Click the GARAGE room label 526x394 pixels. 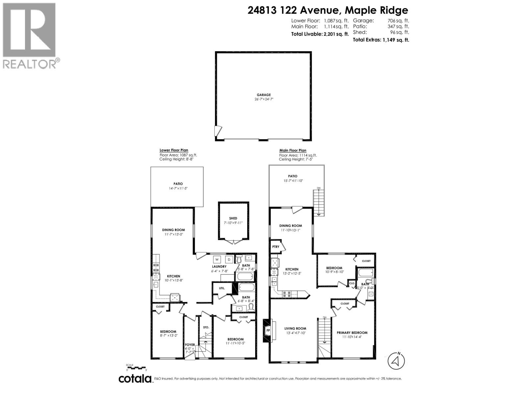tap(264, 95)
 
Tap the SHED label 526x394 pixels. tap(233, 218)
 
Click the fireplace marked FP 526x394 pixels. tap(268, 330)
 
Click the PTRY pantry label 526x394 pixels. tap(275, 247)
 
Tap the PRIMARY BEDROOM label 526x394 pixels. tap(352, 333)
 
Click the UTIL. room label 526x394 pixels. tap(222, 288)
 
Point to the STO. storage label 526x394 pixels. tap(206, 327)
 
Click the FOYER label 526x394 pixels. tap(190, 345)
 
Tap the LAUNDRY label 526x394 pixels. tap(219, 267)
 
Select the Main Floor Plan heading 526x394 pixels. tap(293, 150)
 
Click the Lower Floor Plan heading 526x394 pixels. tap(174, 150)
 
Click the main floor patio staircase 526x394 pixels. tap(318, 203)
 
